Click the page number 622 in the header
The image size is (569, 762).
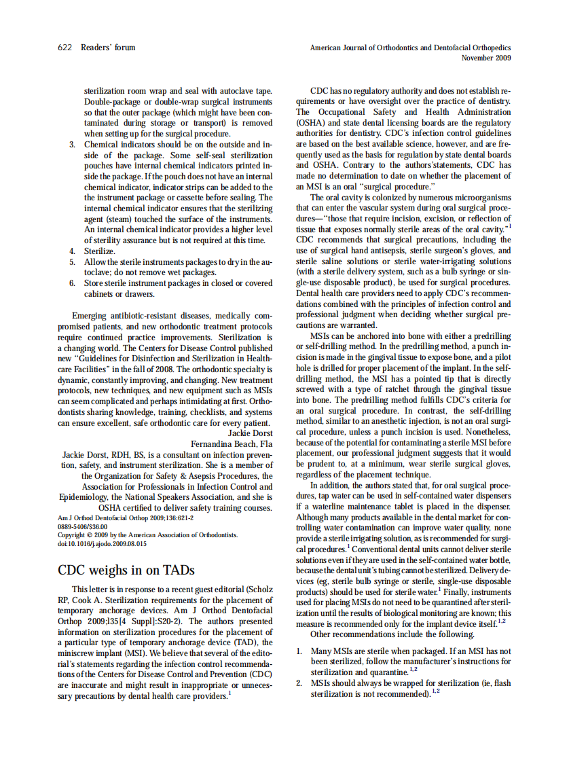(x=65, y=48)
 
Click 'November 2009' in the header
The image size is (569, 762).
(x=486, y=58)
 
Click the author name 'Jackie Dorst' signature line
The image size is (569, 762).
(x=250, y=433)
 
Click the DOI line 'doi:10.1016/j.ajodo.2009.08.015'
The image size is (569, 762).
(x=102, y=544)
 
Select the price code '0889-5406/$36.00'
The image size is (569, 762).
(x=82, y=526)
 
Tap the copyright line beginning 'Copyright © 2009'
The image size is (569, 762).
(x=147, y=535)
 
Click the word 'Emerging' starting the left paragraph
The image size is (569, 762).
(x=89, y=316)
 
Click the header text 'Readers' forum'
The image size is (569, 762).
(x=108, y=48)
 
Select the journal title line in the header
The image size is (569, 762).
(x=410, y=48)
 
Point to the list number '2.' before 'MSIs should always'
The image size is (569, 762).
(x=299, y=683)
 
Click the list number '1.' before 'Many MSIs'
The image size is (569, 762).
(x=299, y=651)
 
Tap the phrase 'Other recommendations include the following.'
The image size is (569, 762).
(x=392, y=634)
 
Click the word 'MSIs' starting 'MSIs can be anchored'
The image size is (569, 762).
(x=320, y=337)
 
